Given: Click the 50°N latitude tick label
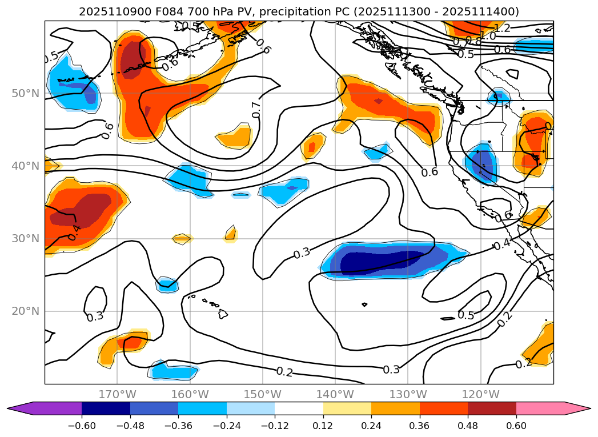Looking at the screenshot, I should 25,93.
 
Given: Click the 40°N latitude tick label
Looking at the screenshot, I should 25,166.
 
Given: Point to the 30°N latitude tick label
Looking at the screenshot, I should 25,238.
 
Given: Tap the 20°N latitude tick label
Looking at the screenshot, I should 25,311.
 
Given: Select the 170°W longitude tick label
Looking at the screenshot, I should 117,394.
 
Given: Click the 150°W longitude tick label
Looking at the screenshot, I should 262,394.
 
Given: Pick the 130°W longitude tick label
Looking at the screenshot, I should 408,394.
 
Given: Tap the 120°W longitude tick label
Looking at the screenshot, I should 480,394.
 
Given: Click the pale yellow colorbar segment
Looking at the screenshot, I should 347,408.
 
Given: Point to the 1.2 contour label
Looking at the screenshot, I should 502,28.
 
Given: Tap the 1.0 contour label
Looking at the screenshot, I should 488,36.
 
